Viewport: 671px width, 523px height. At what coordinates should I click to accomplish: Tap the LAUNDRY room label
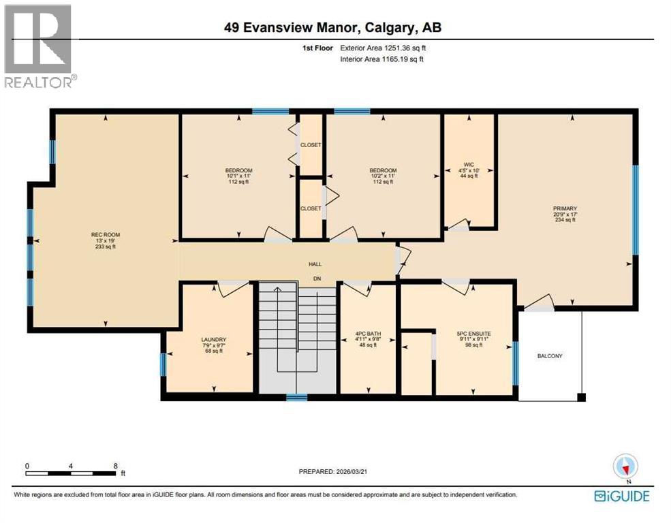pos(213,339)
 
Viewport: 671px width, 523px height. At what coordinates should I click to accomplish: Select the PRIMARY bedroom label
pos(565,208)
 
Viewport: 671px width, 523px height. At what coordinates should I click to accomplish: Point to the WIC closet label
pos(469,164)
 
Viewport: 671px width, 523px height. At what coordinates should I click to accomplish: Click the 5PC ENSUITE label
pos(473,334)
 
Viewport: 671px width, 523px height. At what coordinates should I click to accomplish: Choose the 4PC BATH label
pos(367,334)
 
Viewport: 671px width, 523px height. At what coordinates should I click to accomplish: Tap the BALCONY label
pos(550,356)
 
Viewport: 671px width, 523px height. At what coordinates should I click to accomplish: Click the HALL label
pos(315,264)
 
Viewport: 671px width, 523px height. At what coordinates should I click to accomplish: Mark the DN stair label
pos(316,278)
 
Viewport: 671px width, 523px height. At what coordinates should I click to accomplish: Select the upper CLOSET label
pos(311,145)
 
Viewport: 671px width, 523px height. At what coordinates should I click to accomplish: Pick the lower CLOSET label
pos(311,208)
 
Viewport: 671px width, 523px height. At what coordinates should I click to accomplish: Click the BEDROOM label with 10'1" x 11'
pos(238,170)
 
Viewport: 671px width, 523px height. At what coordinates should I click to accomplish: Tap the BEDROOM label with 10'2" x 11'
pos(383,170)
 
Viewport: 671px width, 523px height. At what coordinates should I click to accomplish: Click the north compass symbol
pos(625,466)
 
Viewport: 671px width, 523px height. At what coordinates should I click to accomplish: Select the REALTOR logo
pos(39,46)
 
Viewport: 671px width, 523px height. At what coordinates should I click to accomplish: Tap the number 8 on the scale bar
pos(115,466)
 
